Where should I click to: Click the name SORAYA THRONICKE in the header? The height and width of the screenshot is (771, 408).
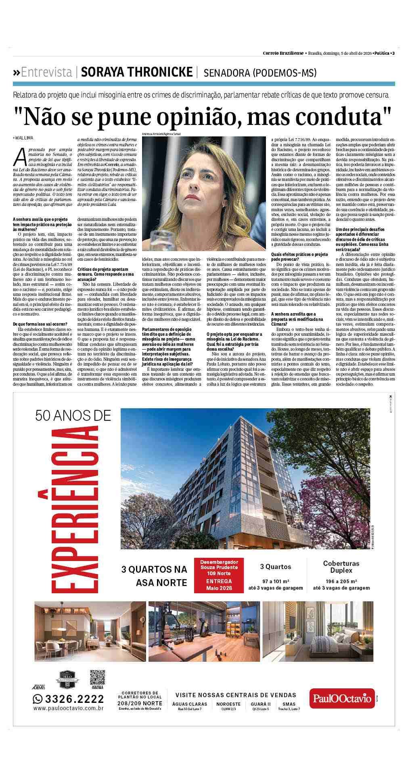136,72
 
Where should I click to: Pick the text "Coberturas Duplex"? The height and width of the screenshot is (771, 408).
341,567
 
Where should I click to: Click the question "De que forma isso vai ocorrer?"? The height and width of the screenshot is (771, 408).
40,324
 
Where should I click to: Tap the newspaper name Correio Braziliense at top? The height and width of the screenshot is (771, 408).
283,53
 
